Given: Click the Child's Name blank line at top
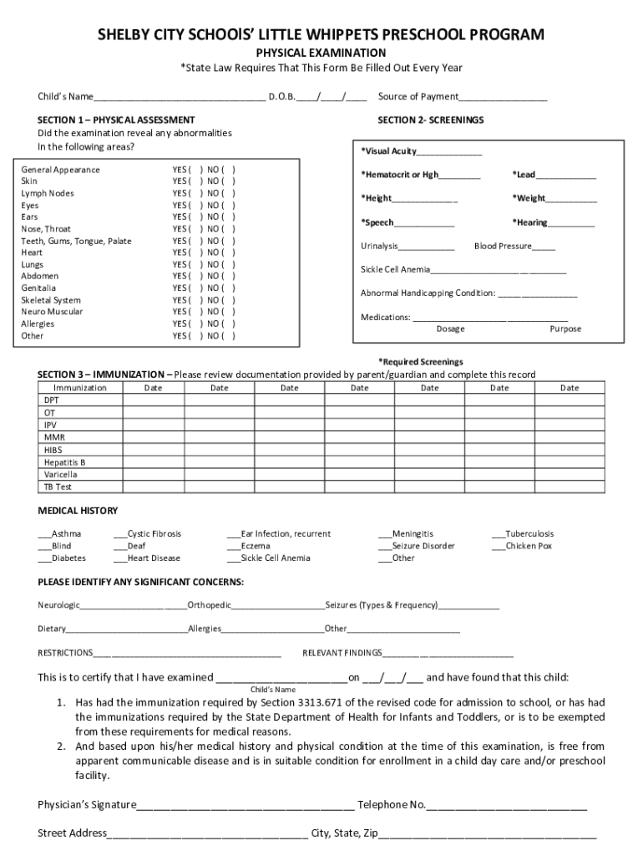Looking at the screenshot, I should click(x=179, y=97).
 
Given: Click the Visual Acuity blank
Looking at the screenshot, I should click(x=449, y=151).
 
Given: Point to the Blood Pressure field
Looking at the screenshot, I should click(x=544, y=247).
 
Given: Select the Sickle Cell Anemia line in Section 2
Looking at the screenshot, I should click(x=499, y=270).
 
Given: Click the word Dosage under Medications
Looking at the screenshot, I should click(x=450, y=329).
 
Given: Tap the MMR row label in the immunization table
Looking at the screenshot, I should click(x=54, y=437).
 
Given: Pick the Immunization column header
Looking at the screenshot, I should click(x=80, y=388).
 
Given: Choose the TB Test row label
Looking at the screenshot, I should click(x=58, y=487).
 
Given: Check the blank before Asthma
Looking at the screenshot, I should click(x=43, y=534).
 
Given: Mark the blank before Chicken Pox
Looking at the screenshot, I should click(x=498, y=547).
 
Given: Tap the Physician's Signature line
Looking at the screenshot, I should click(x=245, y=806).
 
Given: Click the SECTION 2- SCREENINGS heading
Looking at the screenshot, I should click(x=430, y=120).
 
